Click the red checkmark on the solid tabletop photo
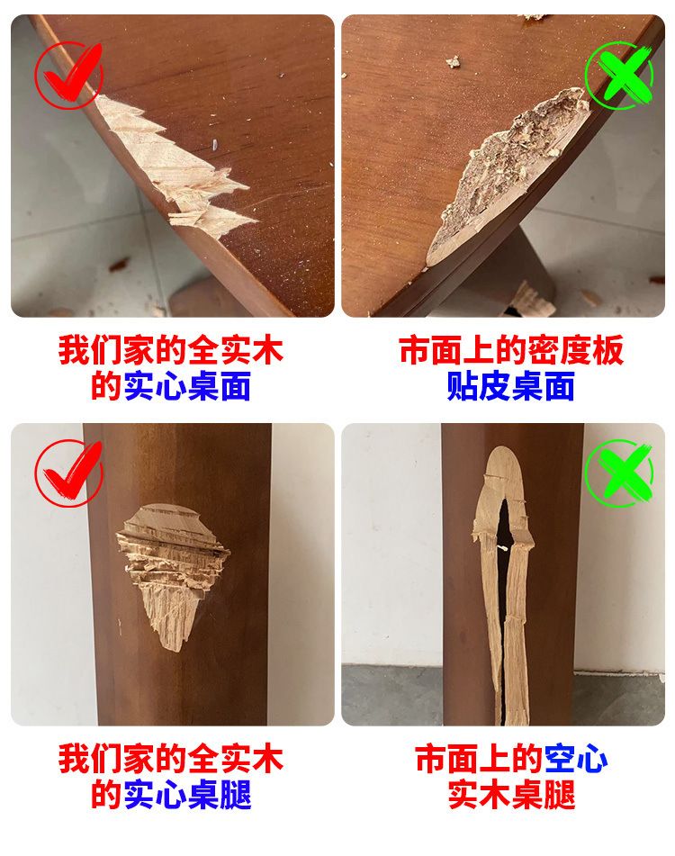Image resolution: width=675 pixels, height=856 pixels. pos(69,76)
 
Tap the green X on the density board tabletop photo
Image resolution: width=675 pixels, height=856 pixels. pos(619,76)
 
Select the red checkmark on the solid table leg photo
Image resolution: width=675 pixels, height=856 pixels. pos(69,473)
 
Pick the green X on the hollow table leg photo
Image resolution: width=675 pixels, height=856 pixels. pos(619,473)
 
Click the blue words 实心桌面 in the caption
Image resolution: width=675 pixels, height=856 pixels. pos(187,386)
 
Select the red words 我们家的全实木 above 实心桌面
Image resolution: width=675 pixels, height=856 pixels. pos(171,350)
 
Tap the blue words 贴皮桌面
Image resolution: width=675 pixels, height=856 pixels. pos(511,386)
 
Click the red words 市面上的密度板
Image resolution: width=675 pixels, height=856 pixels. pos(511,350)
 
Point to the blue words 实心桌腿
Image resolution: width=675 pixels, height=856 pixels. pos(187,795)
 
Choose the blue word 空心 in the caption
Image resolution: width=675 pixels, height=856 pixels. pos(576,759)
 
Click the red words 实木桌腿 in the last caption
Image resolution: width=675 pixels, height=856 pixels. pos(511,795)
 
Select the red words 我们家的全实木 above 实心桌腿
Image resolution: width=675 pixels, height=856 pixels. pos(171,759)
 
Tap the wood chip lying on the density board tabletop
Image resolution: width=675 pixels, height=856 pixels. pos(453,62)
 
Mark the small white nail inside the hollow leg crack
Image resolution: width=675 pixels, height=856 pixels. pos(504,547)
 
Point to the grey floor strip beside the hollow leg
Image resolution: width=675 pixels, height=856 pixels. pos(391,694)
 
